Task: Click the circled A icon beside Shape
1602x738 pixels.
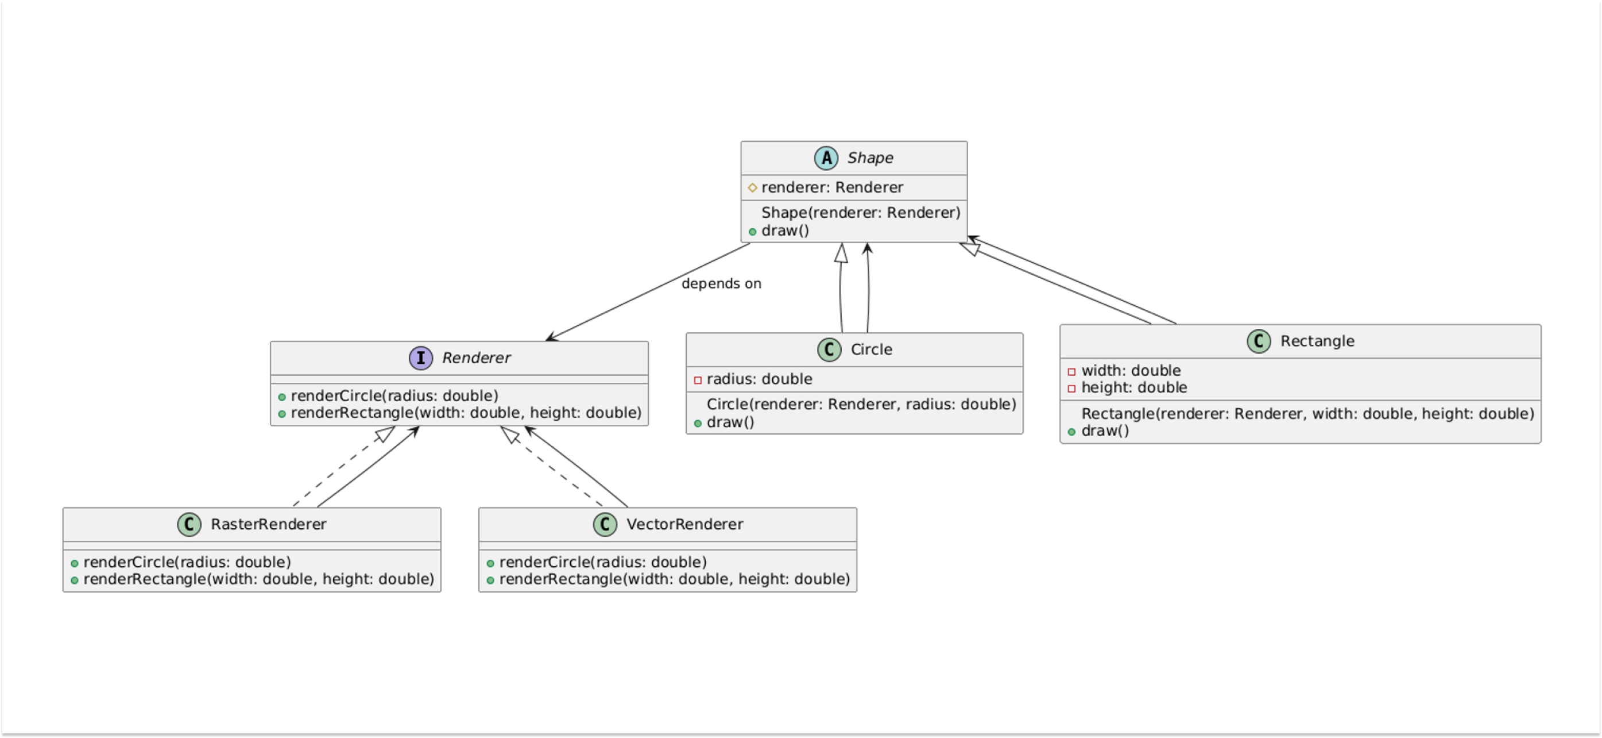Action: pyautogui.click(x=826, y=158)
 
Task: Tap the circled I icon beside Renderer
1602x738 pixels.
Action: pyautogui.click(x=420, y=358)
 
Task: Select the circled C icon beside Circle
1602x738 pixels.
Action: pyautogui.click(x=829, y=349)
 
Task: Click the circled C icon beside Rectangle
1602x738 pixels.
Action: pyautogui.click(x=1259, y=341)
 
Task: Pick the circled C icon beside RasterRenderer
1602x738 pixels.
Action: pyautogui.click(x=189, y=524)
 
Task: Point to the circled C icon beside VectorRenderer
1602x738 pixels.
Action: pyautogui.click(x=605, y=524)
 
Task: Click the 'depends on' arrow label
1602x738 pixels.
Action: pyautogui.click(x=721, y=284)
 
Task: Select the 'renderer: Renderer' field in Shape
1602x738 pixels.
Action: pyautogui.click(x=831, y=187)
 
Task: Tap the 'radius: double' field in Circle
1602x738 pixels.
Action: pyautogui.click(x=759, y=379)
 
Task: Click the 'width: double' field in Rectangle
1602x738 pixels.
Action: pyautogui.click(x=1130, y=370)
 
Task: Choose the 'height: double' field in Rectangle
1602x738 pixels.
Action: pyautogui.click(x=1133, y=387)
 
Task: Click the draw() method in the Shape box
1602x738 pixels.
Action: pyautogui.click(x=785, y=231)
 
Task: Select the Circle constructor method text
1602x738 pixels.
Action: pyautogui.click(x=861, y=405)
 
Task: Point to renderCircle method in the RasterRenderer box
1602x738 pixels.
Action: pyautogui.click(x=187, y=562)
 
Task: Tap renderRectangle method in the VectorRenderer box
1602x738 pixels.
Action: pyautogui.click(x=674, y=579)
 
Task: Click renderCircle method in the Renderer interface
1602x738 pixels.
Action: pyautogui.click(x=394, y=396)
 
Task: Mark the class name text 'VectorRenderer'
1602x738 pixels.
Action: pyautogui.click(x=684, y=524)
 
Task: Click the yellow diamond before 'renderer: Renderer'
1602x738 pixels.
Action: pyautogui.click(x=752, y=187)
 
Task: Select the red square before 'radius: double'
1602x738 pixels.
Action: pyautogui.click(x=697, y=379)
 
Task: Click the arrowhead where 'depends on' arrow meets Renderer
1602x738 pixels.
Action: pyautogui.click(x=549, y=339)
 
